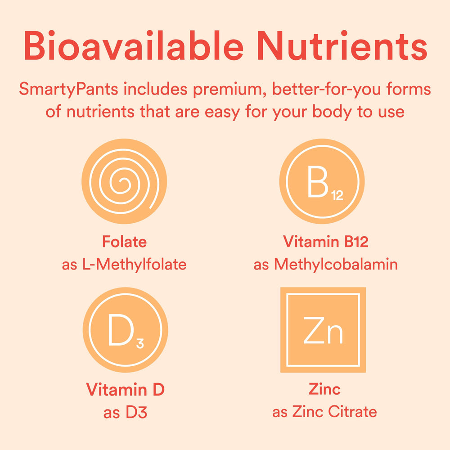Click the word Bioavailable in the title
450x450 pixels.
click(x=133, y=46)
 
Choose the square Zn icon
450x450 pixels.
click(x=323, y=330)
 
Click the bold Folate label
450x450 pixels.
click(x=124, y=242)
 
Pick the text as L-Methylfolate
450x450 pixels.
click(x=124, y=264)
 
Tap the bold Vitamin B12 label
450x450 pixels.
click(x=326, y=242)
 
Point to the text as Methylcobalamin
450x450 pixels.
click(x=326, y=264)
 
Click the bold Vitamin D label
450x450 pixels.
click(x=125, y=389)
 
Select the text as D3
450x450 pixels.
click(x=125, y=412)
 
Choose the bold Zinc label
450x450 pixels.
click(x=324, y=389)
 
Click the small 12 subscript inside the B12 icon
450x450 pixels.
click(x=337, y=196)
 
